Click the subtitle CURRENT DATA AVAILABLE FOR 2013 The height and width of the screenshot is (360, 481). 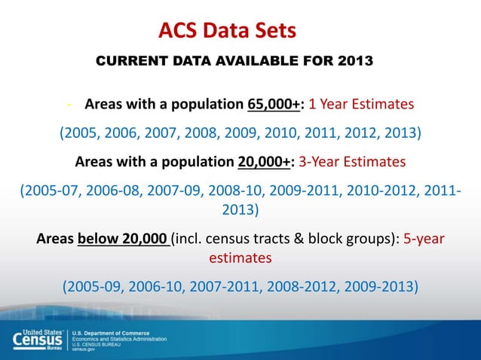(234, 61)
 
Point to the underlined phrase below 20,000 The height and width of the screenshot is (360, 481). (122, 239)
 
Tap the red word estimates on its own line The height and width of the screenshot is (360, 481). (240, 258)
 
